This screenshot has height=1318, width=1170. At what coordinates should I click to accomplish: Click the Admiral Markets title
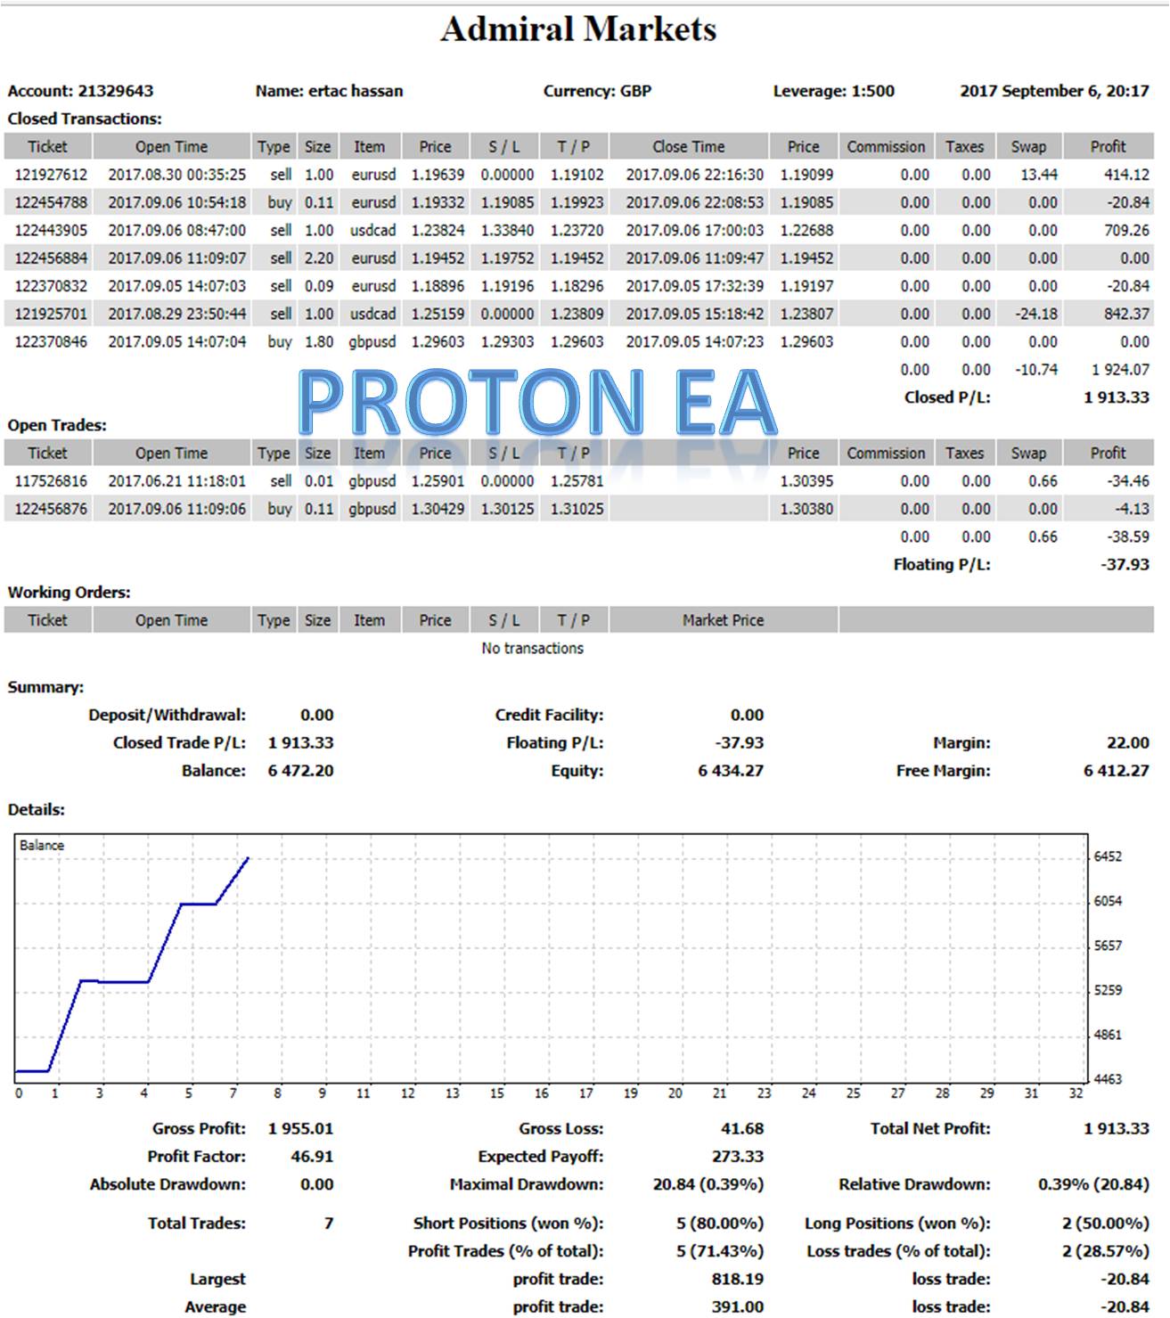(578, 29)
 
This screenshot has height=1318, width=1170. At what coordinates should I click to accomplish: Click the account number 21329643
(115, 91)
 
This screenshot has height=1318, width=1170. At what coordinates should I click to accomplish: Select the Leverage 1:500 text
(833, 91)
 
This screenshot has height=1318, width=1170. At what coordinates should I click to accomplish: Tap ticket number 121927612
(51, 175)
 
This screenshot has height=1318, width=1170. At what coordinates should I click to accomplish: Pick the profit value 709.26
(1125, 231)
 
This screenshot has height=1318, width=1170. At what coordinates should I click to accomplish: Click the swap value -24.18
(1036, 314)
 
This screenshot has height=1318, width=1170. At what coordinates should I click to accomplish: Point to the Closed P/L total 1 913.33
(1116, 397)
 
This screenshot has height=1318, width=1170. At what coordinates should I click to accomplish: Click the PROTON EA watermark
(537, 403)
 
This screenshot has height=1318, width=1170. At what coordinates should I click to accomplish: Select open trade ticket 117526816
(51, 481)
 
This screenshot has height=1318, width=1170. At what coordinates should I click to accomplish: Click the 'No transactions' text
(532, 649)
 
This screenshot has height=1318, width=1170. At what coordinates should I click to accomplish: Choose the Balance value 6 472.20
(300, 771)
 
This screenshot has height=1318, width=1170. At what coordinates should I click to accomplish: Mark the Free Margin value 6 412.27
(1116, 771)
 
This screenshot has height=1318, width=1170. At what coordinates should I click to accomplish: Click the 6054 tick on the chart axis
(1108, 901)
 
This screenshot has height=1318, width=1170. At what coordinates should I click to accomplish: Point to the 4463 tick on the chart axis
(1108, 1079)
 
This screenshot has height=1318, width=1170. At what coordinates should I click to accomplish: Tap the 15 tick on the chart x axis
(497, 1093)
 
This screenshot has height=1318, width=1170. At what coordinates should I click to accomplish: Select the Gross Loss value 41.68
(741, 1129)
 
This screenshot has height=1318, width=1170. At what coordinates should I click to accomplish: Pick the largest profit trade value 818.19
(738, 1280)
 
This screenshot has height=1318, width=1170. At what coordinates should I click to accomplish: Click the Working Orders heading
(69, 593)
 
